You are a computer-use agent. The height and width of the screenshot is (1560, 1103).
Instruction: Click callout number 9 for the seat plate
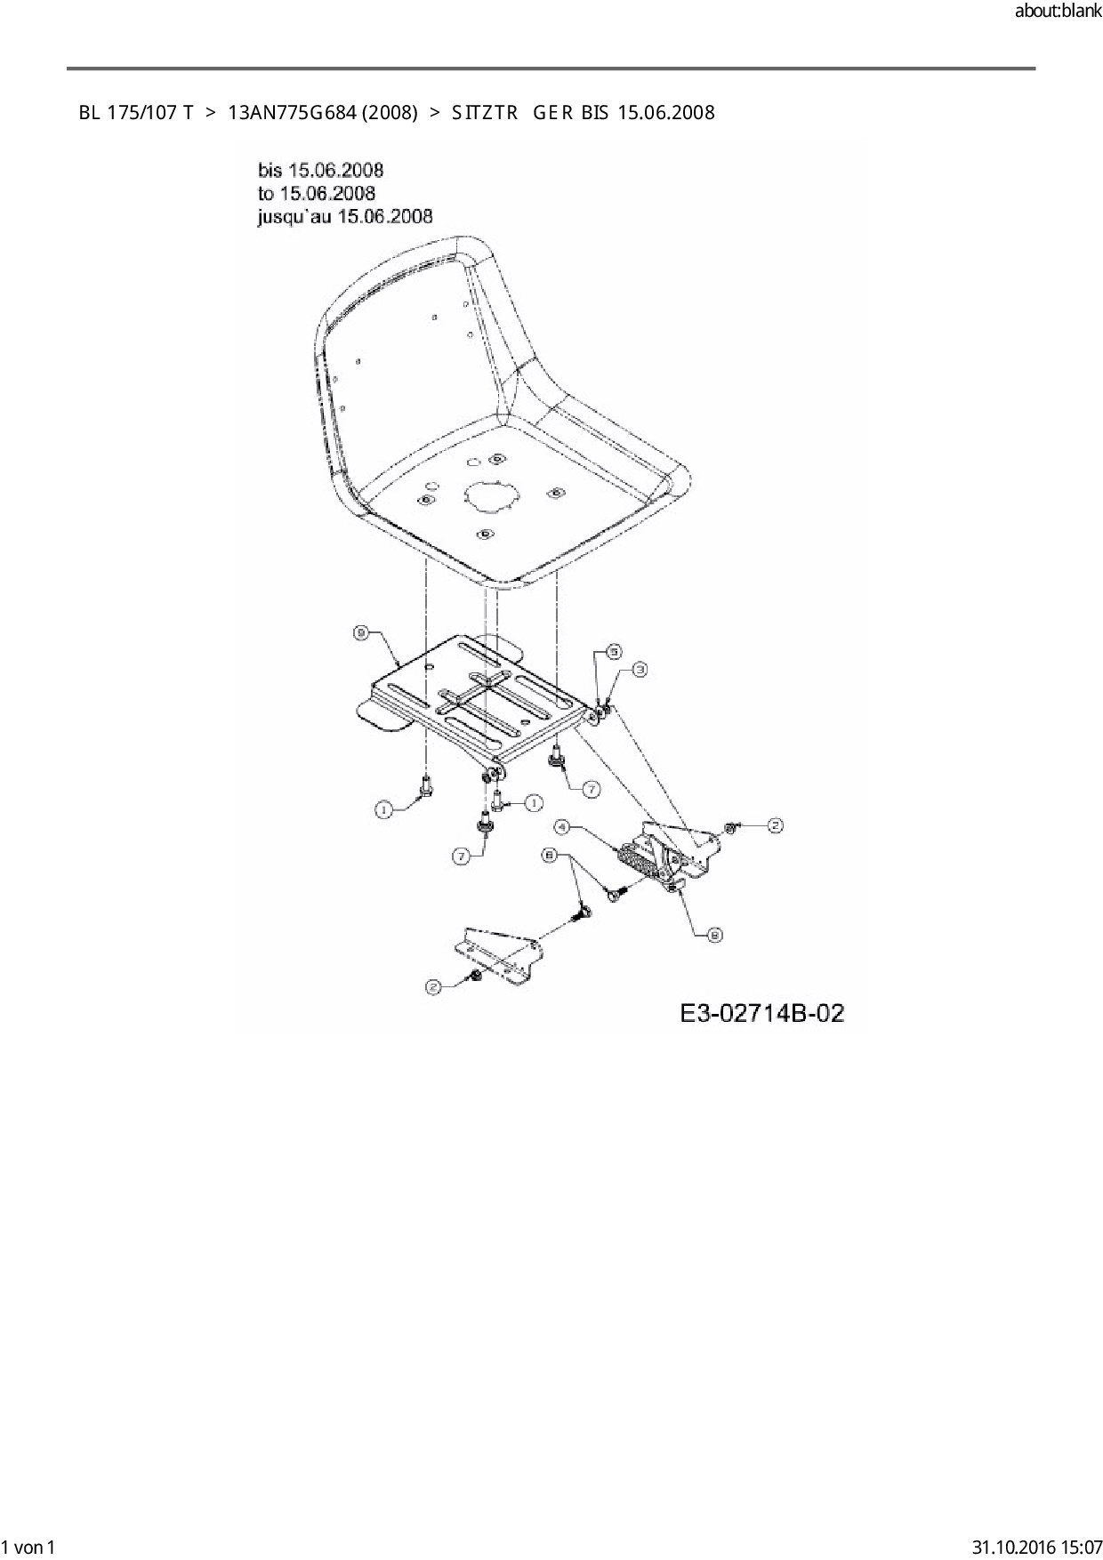(x=361, y=632)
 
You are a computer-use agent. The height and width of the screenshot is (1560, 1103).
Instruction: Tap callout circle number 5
(x=613, y=652)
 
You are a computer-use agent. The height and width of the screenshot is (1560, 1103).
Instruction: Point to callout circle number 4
(x=561, y=827)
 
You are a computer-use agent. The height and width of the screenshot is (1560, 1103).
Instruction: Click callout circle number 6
(x=550, y=855)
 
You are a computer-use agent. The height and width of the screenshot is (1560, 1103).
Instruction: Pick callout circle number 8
(x=714, y=934)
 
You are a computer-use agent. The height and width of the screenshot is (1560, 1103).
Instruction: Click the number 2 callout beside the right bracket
(x=775, y=826)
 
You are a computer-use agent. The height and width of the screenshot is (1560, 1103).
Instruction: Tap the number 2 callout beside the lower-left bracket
(x=433, y=986)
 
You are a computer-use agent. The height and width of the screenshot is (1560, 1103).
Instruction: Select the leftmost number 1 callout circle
(x=382, y=809)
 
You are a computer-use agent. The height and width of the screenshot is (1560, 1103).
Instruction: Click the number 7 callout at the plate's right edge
(x=590, y=788)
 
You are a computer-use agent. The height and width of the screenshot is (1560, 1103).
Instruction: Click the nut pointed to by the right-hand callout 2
(x=729, y=828)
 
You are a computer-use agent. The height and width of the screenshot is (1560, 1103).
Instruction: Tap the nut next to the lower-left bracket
(x=476, y=977)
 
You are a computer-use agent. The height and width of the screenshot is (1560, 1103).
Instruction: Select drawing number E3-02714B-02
(x=761, y=1013)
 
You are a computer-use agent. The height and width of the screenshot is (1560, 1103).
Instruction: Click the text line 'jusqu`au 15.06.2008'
(x=345, y=216)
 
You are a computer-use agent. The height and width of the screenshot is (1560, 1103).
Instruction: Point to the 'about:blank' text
(x=1058, y=12)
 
